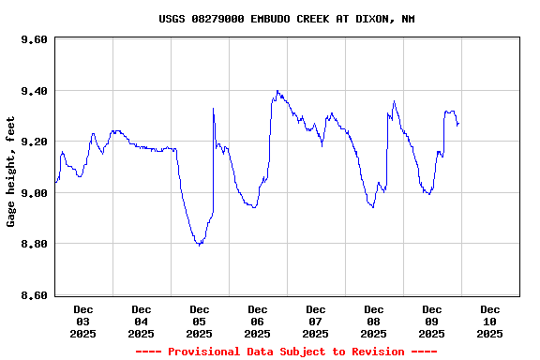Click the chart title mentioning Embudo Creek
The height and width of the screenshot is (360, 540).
[286, 19]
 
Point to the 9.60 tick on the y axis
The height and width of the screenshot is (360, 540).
[33, 40]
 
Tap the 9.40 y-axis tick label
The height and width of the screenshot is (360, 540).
[33, 91]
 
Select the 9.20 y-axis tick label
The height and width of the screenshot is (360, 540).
[33, 142]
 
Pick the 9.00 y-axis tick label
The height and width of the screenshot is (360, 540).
[33, 193]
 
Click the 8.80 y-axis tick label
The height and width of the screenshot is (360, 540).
[33, 245]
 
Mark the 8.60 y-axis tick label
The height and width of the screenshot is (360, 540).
[33, 295]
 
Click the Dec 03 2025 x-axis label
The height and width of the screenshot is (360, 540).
[83, 321]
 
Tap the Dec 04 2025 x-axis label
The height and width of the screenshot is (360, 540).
[142, 321]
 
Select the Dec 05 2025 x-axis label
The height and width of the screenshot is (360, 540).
[200, 321]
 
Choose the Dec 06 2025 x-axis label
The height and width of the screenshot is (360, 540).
[258, 321]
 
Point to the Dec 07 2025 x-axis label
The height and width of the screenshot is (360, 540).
[316, 321]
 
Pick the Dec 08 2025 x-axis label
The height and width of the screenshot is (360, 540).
[374, 321]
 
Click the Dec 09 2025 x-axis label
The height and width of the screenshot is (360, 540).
[432, 321]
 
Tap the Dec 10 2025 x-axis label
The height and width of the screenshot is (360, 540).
[490, 321]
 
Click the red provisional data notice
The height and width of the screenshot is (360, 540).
[286, 352]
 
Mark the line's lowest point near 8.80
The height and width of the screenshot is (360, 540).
[199, 245]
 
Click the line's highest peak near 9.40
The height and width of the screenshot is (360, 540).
[277, 91]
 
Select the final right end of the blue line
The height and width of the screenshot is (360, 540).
[457, 124]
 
